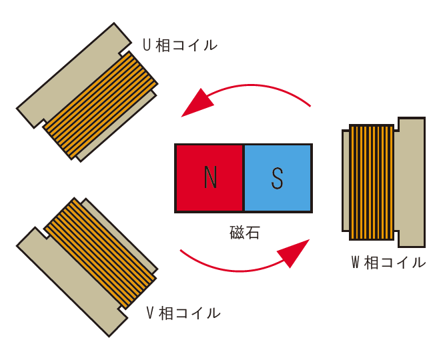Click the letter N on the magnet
tap(210, 178)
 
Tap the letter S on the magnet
tap(278, 178)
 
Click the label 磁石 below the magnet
tap(244, 232)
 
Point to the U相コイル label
tap(179, 45)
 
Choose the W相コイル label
tap(388, 262)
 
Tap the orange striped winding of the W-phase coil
tap(371, 182)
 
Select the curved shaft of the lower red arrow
tap(227, 268)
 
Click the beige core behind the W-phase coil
tap(411, 182)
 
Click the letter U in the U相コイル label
tap(147, 45)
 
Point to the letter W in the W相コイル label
tap(356, 262)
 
